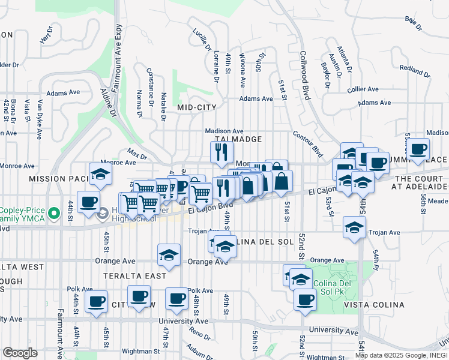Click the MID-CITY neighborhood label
(x=196, y=107)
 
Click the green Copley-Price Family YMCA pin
(x=54, y=212)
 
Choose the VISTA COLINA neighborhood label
(x=374, y=305)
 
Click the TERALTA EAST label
(x=134, y=276)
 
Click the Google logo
(x=20, y=353)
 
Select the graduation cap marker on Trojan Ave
(x=355, y=227)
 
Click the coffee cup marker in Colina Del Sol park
(x=305, y=299)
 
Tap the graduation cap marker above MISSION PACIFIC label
(x=100, y=174)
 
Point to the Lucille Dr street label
(x=202, y=39)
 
